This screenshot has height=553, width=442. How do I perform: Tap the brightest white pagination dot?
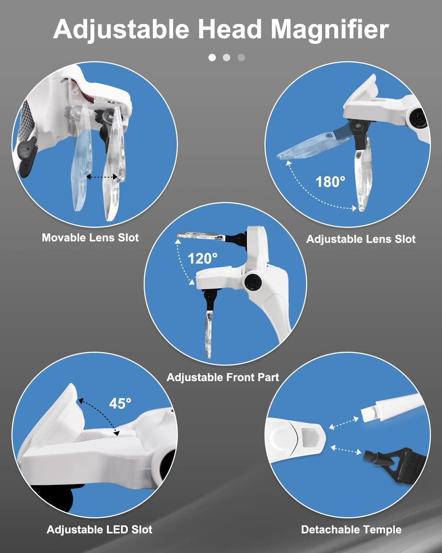click(212, 57)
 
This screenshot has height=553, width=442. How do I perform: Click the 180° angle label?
click(330, 182)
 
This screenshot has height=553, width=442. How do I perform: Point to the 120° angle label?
click(203, 258)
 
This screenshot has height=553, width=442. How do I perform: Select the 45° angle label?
click(120, 403)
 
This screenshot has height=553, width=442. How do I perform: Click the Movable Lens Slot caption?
click(90, 237)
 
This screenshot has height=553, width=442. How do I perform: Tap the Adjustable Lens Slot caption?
click(361, 239)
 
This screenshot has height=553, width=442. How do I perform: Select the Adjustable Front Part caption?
click(223, 378)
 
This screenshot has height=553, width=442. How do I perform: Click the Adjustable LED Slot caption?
click(100, 530)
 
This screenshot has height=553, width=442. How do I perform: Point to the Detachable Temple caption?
click(351, 530)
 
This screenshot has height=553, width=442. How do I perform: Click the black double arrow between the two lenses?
click(102, 177)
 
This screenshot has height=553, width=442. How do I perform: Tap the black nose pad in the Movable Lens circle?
click(27, 157)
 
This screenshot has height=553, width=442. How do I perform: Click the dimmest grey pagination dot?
click(241, 57)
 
